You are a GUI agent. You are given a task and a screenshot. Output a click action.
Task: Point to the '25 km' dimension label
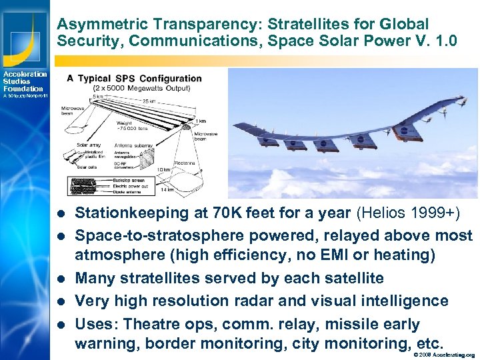151,101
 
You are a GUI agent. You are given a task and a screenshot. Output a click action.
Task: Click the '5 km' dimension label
98,95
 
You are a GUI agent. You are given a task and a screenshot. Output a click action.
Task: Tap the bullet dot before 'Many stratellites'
61,279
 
